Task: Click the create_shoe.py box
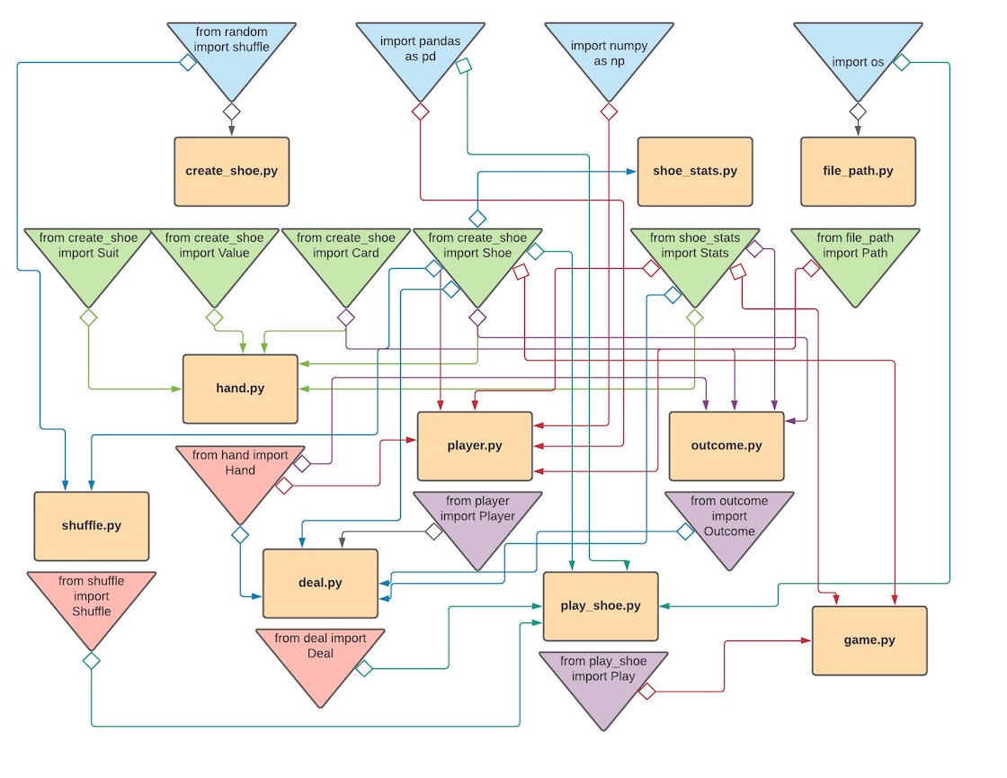(231, 171)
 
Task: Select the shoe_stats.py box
(695, 171)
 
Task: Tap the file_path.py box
(858, 171)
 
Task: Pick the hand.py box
(240, 389)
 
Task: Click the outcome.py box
(726, 446)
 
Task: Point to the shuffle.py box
(91, 526)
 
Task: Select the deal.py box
(320, 583)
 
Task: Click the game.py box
(869, 640)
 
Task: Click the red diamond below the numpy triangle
(609, 112)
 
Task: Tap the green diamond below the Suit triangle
(88, 317)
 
